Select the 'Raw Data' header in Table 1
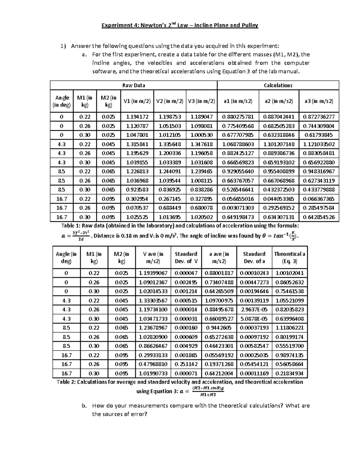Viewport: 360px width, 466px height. click(133, 86)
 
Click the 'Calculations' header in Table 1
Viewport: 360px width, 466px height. click(278, 86)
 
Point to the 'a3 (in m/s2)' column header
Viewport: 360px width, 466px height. click(319, 101)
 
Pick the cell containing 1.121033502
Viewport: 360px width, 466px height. click(319, 144)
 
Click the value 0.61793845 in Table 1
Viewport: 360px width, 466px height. click(319, 135)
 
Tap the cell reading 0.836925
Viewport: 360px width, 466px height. click(170, 190)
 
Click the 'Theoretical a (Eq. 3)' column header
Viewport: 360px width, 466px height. click(289, 257)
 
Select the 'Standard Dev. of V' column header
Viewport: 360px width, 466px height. click(186, 257)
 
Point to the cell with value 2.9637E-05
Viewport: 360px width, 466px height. click(254, 309)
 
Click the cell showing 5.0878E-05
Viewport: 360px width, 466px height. click(254, 319)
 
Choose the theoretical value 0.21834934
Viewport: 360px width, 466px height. click(289, 373)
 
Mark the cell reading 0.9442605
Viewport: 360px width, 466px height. click(219, 328)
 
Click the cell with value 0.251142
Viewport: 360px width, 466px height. click(186, 364)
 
